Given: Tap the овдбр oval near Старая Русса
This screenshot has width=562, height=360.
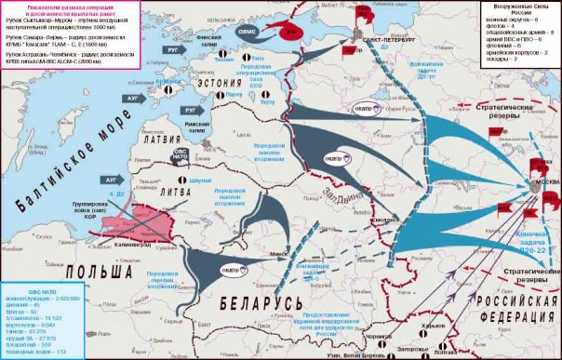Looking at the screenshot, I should point(370,108).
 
